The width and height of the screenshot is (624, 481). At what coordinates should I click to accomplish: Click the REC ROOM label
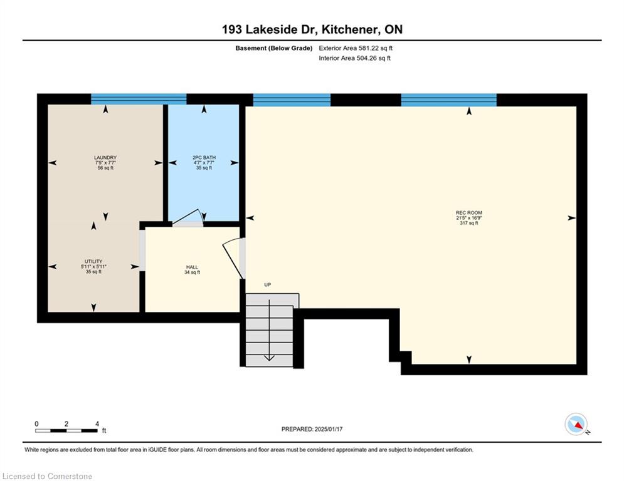(469, 213)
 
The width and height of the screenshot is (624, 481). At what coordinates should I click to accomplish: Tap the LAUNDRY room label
(105, 158)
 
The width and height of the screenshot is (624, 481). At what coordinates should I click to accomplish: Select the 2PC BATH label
(204, 158)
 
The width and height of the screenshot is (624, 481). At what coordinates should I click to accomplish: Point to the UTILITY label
(93, 262)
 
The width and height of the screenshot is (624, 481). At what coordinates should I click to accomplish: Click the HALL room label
(192, 267)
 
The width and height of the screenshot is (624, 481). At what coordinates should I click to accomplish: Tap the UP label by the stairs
(268, 284)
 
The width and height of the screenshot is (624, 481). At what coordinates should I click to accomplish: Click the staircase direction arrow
(270, 330)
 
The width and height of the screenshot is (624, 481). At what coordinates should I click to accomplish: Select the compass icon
(576, 424)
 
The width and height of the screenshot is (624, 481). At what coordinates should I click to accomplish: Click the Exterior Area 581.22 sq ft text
(356, 48)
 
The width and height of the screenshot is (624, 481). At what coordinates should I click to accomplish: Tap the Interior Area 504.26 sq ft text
(354, 58)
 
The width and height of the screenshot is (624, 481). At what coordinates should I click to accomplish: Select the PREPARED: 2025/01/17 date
(312, 429)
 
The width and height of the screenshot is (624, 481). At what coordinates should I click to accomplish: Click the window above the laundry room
(139, 99)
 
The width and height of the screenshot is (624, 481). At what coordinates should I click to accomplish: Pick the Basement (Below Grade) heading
(274, 48)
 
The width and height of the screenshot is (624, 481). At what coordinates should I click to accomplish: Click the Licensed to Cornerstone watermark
(48, 476)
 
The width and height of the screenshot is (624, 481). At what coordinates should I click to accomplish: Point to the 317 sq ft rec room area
(469, 223)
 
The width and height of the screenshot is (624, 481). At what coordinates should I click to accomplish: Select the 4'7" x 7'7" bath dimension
(204, 163)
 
